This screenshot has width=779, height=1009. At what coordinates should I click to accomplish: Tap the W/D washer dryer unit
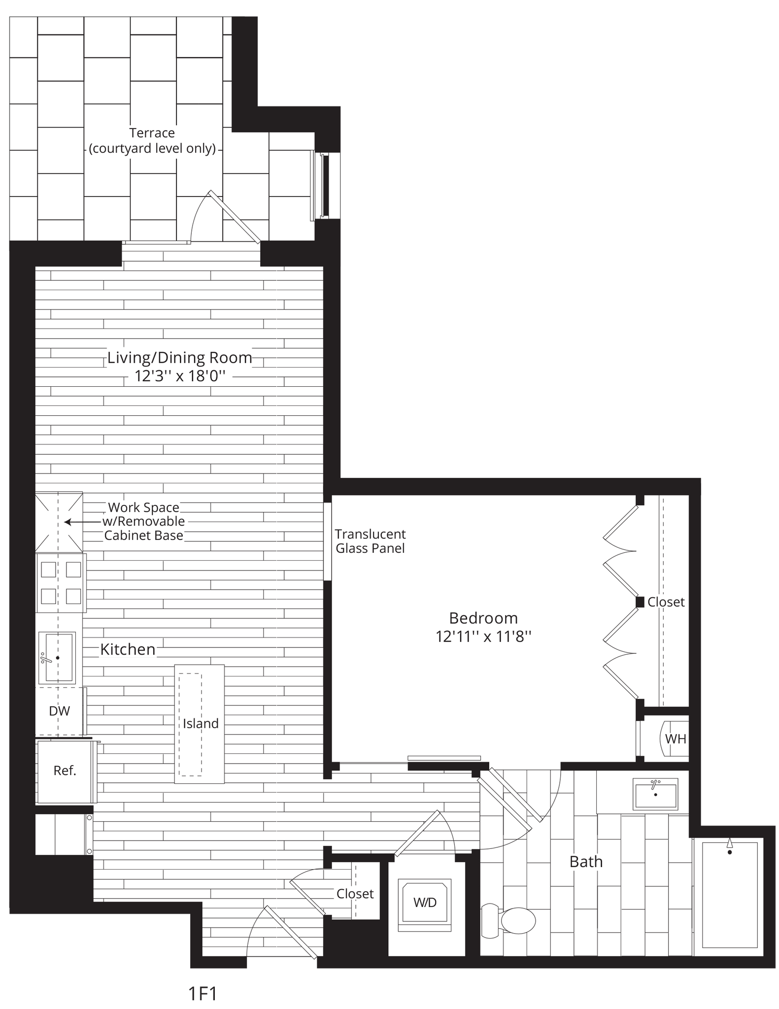point(425,902)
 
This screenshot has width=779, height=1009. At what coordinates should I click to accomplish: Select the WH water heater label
point(676,739)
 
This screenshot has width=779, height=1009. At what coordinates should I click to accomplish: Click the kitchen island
point(200,724)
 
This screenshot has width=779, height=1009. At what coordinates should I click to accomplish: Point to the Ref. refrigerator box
point(65,771)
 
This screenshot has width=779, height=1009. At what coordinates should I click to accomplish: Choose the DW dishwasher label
point(60,711)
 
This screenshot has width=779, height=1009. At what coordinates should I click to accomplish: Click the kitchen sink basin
point(58,657)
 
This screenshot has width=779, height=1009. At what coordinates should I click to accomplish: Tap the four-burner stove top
point(61,583)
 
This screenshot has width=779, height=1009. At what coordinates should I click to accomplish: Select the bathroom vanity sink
point(655,794)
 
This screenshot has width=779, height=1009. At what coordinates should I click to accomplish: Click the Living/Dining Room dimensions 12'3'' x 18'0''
point(180,377)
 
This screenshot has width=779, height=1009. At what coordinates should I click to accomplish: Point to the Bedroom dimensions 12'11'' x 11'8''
point(483,637)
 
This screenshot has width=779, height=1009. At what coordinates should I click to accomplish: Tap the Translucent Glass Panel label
point(370,541)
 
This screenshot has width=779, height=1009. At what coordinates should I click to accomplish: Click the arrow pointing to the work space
point(73,521)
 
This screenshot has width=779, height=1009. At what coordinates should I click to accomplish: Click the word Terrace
point(152,133)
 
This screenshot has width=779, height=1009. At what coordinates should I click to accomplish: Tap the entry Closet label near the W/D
point(355,894)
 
